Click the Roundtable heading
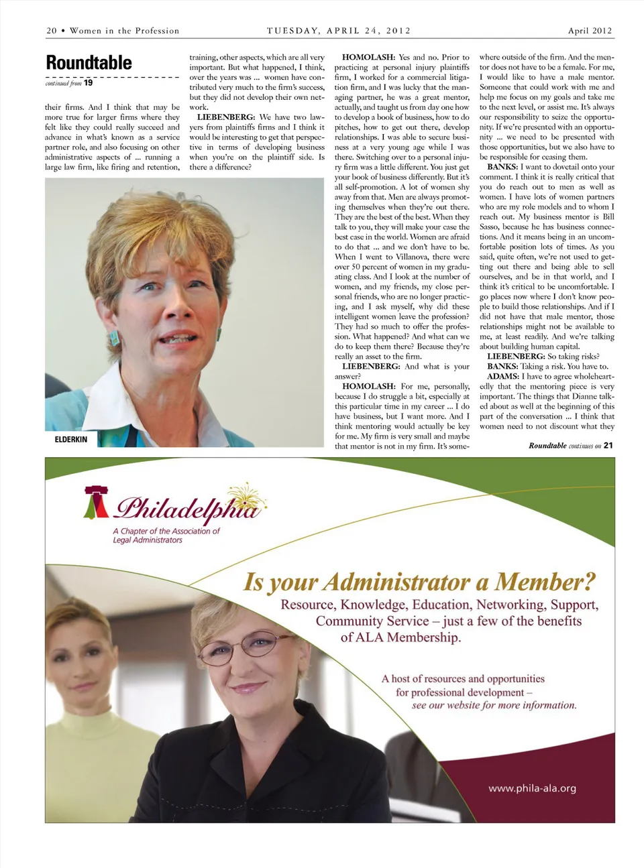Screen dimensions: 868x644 click(89, 63)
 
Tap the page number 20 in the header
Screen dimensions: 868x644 click(52, 31)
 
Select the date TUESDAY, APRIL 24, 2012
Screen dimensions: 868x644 click(339, 31)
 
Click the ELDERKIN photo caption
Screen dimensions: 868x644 click(71, 439)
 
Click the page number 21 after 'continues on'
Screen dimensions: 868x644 click(608, 445)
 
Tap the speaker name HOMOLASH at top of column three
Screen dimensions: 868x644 click(368, 58)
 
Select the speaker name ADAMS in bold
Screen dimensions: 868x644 click(502, 377)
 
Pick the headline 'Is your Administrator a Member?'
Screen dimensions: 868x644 click(419, 582)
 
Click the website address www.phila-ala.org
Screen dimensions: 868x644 click(532, 788)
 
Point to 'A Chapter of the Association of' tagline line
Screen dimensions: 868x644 click(166, 531)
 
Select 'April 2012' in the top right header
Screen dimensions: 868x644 click(590, 31)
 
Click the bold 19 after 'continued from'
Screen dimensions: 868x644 click(89, 83)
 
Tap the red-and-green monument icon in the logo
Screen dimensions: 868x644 click(96, 503)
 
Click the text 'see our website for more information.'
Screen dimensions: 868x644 click(494, 705)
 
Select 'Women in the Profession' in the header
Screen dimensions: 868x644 click(124, 31)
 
